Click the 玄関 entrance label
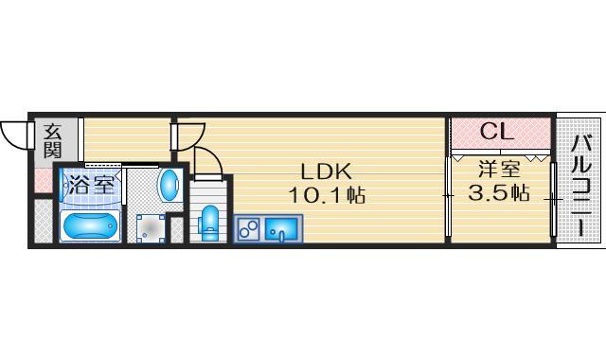(52, 141)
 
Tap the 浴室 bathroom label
(91, 186)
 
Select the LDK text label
(327, 171)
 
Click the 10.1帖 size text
(327, 195)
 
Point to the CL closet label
(497, 132)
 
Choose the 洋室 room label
(499, 169)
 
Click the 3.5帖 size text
(499, 192)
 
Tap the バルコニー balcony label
(581, 185)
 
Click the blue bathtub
(91, 225)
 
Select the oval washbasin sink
(169, 185)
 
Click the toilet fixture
(209, 224)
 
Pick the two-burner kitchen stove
(248, 228)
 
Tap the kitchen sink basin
(282, 228)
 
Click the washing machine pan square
(151, 228)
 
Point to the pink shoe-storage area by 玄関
(44, 181)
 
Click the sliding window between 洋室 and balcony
(553, 199)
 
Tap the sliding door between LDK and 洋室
(448, 196)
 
